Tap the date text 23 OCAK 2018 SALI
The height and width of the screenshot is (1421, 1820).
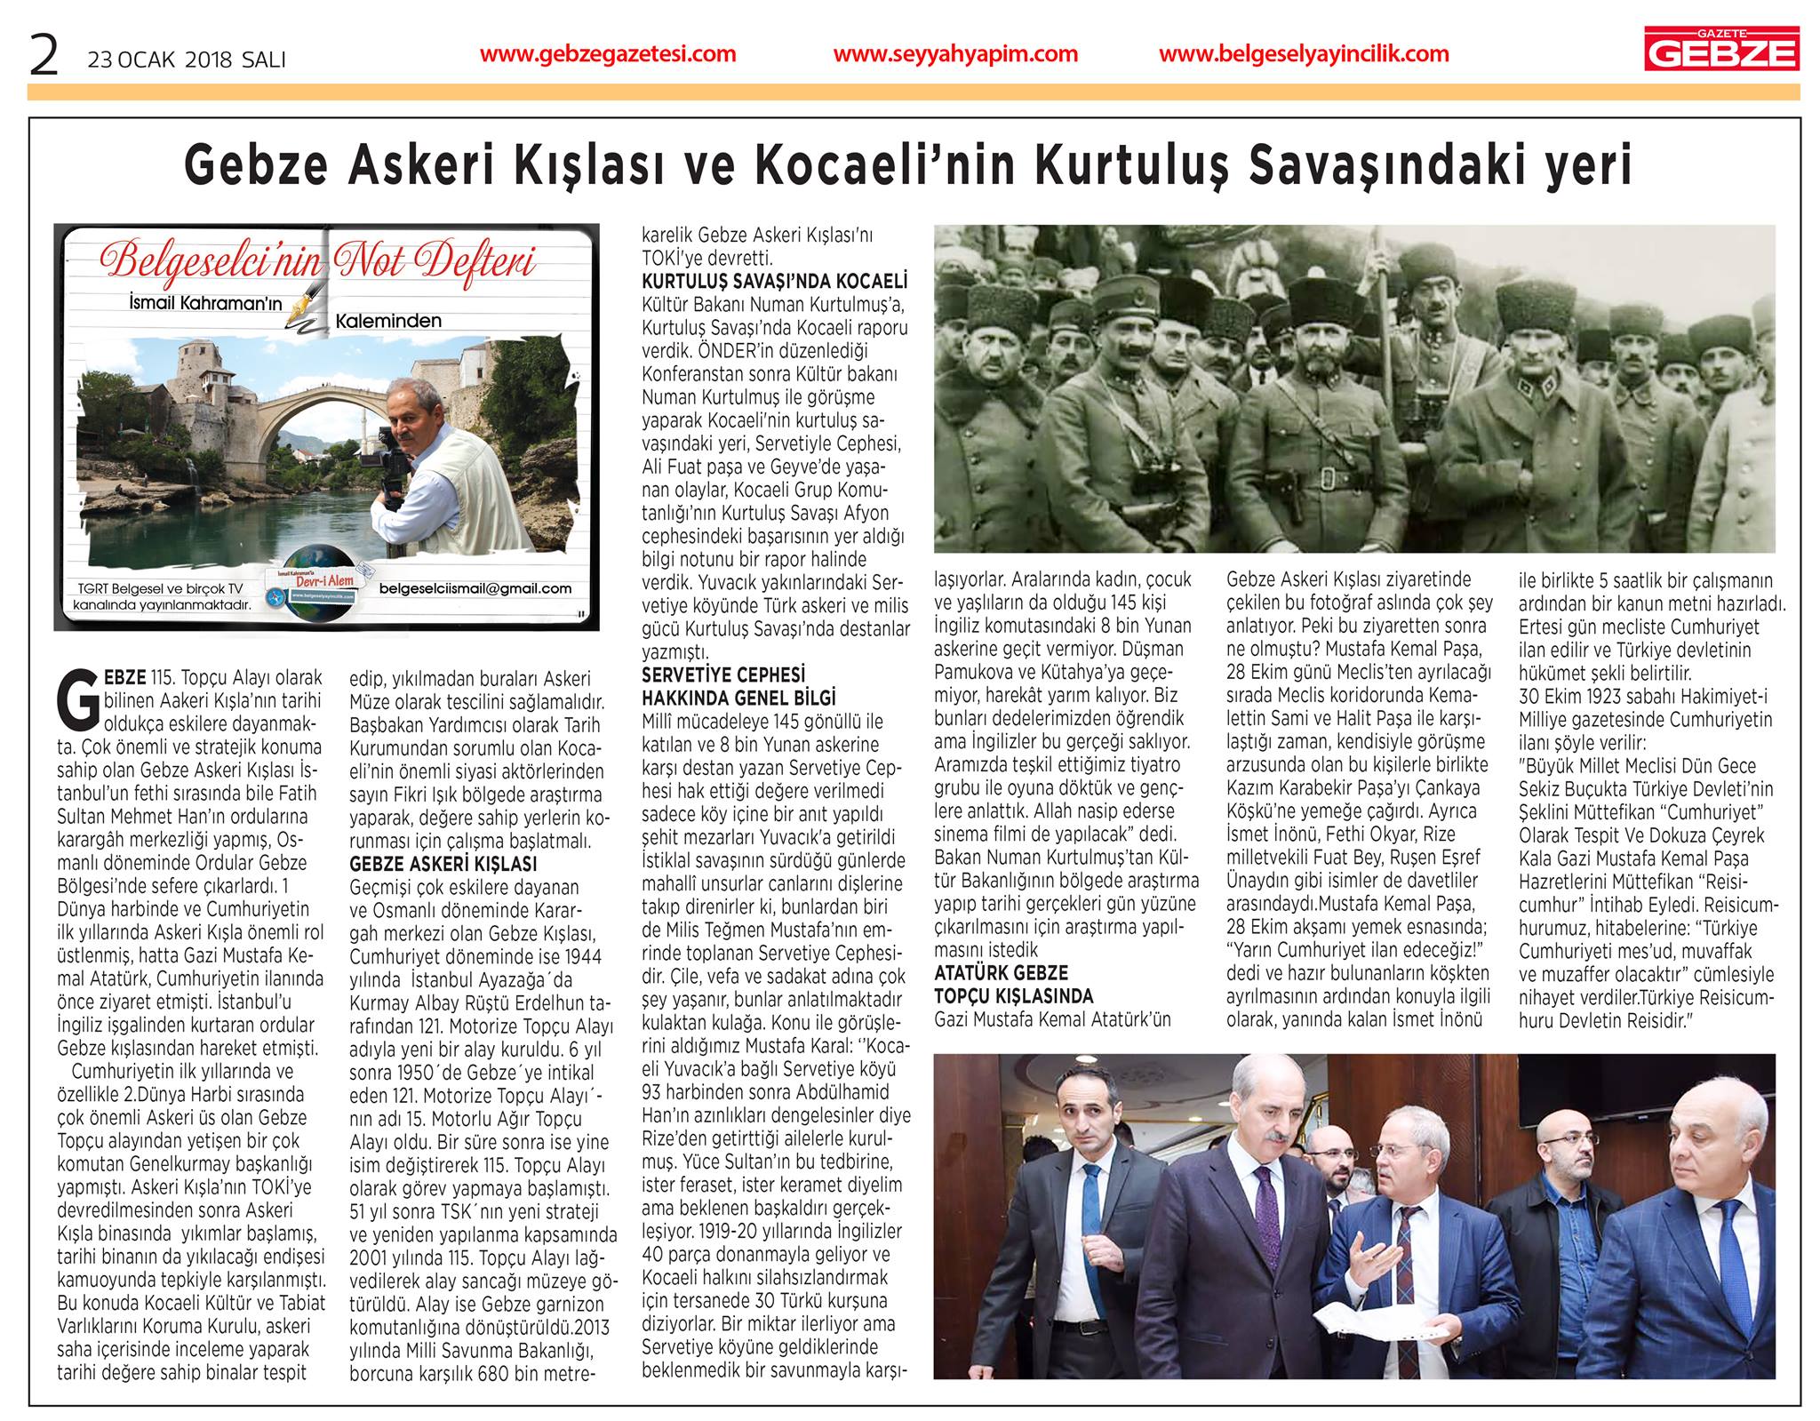click(x=186, y=60)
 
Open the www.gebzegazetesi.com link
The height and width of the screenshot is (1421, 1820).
click(x=608, y=54)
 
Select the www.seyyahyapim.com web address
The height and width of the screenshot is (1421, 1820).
click(x=955, y=54)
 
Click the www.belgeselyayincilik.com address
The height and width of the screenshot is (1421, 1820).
click(x=1304, y=54)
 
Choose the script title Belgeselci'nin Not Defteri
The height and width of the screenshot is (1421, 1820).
click(x=319, y=260)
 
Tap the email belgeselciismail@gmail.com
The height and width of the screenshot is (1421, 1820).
click(x=488, y=587)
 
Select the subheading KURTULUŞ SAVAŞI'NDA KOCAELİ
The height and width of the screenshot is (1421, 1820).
click(x=774, y=282)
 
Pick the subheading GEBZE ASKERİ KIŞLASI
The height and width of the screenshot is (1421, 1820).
click(x=443, y=864)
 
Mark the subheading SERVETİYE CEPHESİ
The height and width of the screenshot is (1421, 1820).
click(x=723, y=675)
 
